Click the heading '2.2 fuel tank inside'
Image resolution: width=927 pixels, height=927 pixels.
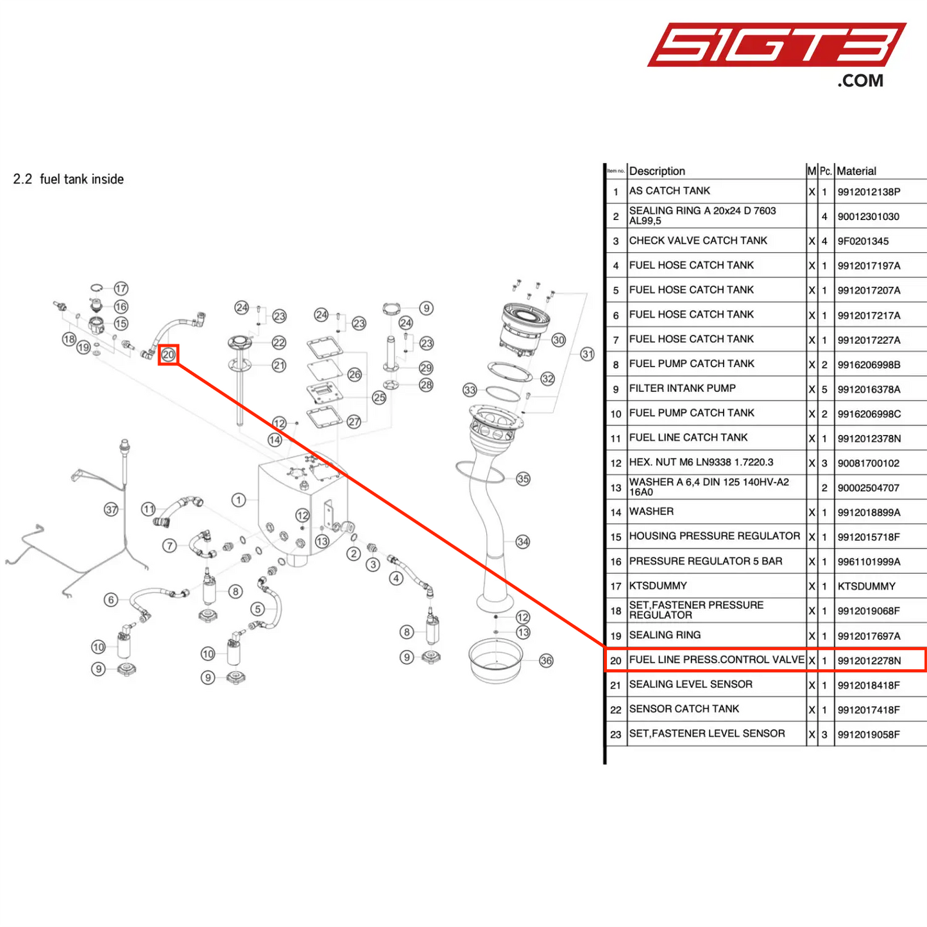click(69, 179)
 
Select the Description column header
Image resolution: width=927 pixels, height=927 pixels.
click(657, 171)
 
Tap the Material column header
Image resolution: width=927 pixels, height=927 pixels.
click(856, 171)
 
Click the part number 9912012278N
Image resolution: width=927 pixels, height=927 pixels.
click(869, 660)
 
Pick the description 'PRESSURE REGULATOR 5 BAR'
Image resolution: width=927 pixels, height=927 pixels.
click(706, 561)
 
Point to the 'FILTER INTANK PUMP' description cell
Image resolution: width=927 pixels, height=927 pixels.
click(683, 388)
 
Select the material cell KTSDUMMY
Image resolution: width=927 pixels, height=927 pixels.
click(867, 586)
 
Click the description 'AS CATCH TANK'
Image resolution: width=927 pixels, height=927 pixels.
click(670, 191)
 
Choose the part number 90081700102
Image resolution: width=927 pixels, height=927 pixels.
click(869, 463)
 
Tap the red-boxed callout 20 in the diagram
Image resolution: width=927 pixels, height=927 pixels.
click(168, 355)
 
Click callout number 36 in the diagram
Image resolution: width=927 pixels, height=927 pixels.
click(546, 660)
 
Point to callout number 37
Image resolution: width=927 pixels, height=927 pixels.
click(112, 509)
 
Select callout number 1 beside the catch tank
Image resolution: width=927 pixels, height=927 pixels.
click(239, 500)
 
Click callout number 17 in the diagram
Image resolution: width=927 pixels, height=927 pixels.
click(121, 289)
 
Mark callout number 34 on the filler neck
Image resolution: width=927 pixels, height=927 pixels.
click(523, 541)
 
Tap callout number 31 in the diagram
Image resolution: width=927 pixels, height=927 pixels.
click(587, 354)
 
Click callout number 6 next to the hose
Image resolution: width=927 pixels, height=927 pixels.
click(111, 600)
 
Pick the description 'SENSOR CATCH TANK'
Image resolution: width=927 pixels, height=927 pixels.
click(684, 709)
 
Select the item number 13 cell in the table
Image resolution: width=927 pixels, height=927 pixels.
click(616, 488)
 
